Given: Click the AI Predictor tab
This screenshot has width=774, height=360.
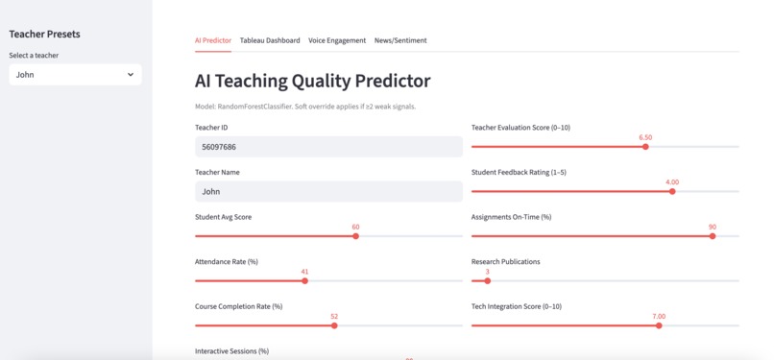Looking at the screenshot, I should pos(212,40).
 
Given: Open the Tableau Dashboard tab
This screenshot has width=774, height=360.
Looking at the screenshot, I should pos(269,40).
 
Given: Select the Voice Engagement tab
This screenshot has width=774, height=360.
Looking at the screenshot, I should pos(336,40).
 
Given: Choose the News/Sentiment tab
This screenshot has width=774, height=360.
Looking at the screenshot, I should pos(400,40).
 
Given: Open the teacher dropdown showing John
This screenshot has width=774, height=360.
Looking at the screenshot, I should pos(75,74).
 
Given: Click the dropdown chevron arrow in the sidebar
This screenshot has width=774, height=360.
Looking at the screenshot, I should pos(131,74).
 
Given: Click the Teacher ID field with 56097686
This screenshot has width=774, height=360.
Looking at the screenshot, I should pos(328,147).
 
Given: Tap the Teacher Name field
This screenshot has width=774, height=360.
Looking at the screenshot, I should pos(328,192).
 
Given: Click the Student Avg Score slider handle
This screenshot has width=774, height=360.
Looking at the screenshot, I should pos(355,236).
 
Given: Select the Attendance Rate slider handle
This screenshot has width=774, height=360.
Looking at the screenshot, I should pos(304,281).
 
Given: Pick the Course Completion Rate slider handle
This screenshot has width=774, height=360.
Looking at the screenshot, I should pos(334,325).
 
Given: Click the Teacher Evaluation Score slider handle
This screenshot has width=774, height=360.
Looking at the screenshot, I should pos(645,147).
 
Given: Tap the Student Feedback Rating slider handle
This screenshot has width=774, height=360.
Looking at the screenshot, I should pos(672,191).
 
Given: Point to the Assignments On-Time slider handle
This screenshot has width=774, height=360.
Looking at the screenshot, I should pos(713,236).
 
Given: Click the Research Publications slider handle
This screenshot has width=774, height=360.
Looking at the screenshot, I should pos(488,281).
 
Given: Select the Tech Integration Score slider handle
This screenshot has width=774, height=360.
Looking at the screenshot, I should pos(659,325).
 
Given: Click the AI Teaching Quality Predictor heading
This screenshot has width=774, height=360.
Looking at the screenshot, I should pos(312,82).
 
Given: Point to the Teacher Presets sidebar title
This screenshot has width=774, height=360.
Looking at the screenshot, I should pos(44,35).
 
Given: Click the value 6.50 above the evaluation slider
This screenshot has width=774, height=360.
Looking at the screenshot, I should pos(645,137).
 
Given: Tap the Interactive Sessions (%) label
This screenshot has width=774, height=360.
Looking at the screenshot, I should pos(231,351).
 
